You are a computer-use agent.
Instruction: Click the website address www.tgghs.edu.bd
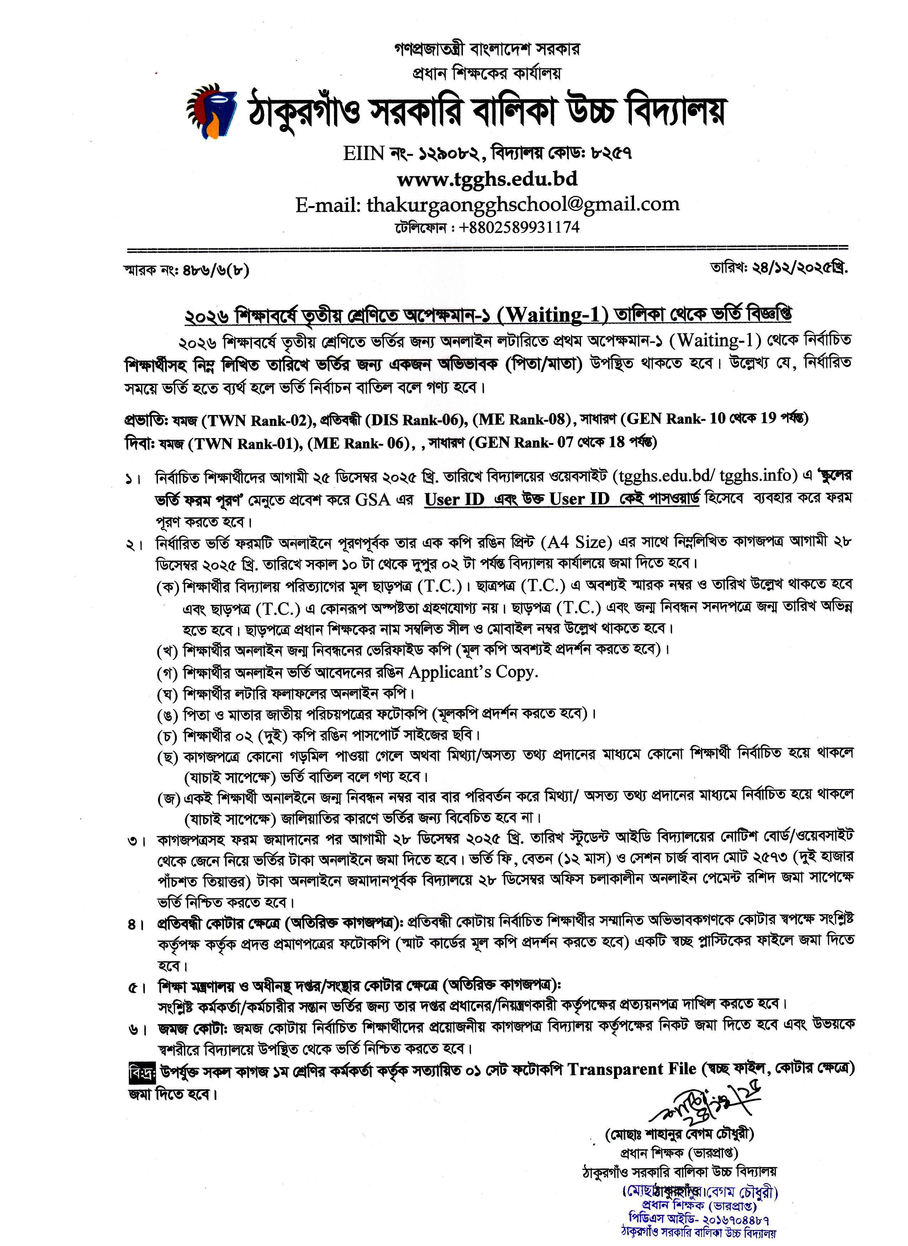487,179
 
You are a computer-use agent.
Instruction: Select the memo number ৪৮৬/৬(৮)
216,270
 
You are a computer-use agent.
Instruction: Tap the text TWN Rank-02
255,420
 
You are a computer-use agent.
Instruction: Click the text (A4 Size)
576,542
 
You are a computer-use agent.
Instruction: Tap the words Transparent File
632,1069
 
